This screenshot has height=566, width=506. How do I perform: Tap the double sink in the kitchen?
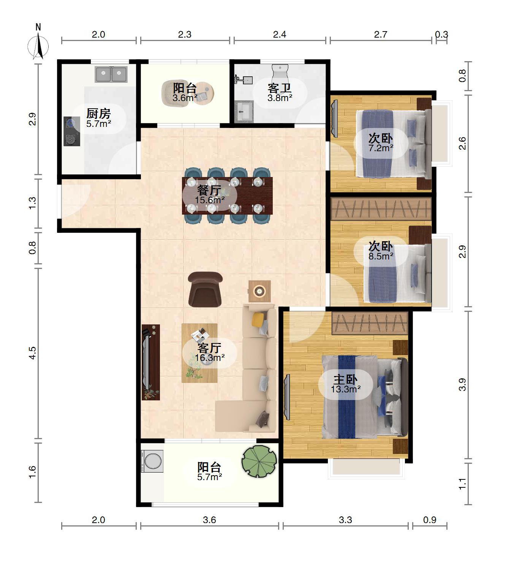coord(111,74)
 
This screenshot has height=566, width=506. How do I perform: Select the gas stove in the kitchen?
coord(72,131)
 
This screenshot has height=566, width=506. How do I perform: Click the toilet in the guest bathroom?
coord(280,72)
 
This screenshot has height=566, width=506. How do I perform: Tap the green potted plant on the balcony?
coord(259,461)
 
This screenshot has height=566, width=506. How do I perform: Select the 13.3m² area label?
coord(346,389)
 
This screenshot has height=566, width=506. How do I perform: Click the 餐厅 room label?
coord(209,191)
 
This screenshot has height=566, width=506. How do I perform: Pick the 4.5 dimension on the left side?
coord(33,353)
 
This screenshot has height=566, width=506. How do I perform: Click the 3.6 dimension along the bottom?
coord(209,520)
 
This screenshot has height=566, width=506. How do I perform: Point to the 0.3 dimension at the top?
coord(441,34)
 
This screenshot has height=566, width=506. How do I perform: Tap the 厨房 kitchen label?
coord(99,114)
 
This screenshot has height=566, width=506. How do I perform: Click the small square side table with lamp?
coord(259,291)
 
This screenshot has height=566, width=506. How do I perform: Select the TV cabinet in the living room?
coord(150,362)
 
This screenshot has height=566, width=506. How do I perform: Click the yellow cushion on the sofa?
coord(258,319)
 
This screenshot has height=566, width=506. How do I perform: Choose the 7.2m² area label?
coord(381,148)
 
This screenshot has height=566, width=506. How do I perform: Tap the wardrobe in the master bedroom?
coord(370,323)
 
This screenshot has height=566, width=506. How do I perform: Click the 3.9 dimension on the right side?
coord(462,384)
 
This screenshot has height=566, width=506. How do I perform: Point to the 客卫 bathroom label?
coord(280,88)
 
